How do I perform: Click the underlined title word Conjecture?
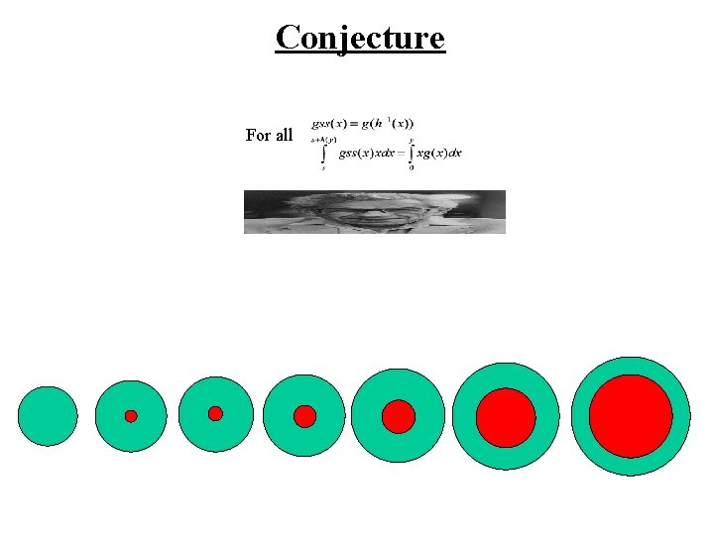[x=360, y=38]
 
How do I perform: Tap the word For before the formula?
[x=257, y=135]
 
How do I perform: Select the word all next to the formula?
[x=283, y=135]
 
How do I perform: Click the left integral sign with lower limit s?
[x=322, y=155]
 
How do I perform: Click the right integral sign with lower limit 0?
[x=411, y=155]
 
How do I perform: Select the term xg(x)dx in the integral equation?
[x=439, y=154]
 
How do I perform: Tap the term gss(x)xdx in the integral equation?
[x=364, y=154]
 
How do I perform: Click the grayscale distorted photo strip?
[x=374, y=211]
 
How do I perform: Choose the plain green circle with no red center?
[x=48, y=416]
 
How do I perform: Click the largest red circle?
[x=631, y=416]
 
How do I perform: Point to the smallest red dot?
[x=131, y=416]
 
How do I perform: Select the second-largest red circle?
[x=506, y=416]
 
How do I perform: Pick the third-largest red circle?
[x=399, y=416]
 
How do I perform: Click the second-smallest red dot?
[x=215, y=413]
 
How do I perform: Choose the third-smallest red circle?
[x=304, y=416]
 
